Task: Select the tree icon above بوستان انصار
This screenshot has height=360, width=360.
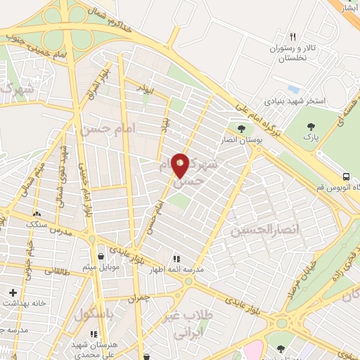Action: [x=242, y=129]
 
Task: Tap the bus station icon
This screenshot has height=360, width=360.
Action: [x=346, y=176]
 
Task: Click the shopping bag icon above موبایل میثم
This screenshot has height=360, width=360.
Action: [x=103, y=256]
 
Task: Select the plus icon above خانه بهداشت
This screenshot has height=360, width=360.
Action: [x=13, y=292]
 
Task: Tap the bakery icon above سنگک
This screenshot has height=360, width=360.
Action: [x=37, y=212]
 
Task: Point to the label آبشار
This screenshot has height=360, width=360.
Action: [x=351, y=8]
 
